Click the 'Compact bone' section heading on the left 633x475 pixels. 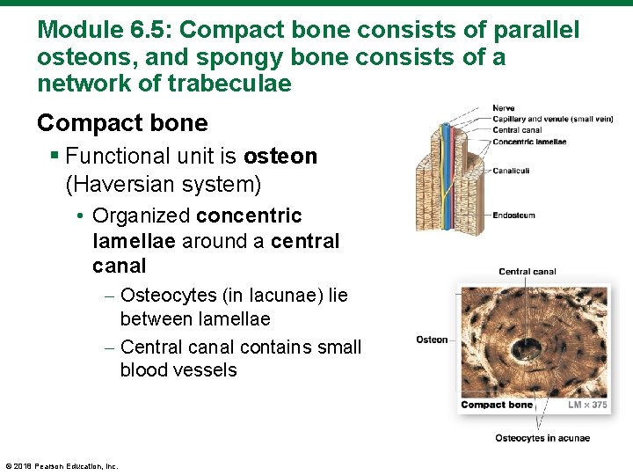[x=122, y=123]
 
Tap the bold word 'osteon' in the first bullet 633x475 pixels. [x=280, y=157]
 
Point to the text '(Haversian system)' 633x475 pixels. [x=164, y=184]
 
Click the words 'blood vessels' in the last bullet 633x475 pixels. [x=178, y=369]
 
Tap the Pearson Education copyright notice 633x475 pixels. [x=62, y=466]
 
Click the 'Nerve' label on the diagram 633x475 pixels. [x=505, y=109]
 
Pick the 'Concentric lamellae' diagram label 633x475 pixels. [x=529, y=141]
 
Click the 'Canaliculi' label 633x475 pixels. [x=512, y=171]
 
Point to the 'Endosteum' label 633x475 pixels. [x=513, y=216]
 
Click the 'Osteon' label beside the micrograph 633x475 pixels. [x=432, y=340]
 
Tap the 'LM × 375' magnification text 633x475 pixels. [x=586, y=405]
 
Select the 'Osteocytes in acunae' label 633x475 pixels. [x=542, y=438]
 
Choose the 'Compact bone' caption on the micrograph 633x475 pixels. [x=497, y=405]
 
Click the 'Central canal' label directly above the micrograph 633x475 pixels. [x=527, y=272]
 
